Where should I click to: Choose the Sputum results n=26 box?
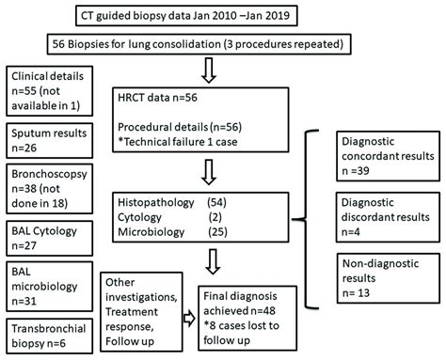point(49,142)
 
